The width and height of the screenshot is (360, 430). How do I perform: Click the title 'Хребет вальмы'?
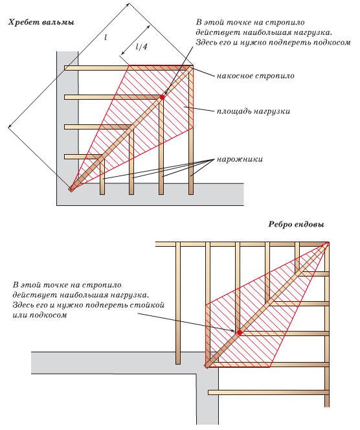41,23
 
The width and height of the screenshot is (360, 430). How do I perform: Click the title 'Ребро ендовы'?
297,225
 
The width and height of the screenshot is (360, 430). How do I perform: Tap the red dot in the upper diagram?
163,97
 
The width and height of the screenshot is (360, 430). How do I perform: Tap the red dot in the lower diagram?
240,333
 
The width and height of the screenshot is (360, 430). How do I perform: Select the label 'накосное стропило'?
256,76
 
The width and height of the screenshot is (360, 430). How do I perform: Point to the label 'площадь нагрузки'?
253,111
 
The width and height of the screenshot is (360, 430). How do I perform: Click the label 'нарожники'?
240,159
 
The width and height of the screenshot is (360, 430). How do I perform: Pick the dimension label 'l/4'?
142,47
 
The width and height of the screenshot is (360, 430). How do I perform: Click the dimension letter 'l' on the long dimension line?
106,38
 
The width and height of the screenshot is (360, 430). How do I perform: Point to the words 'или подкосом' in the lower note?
39,315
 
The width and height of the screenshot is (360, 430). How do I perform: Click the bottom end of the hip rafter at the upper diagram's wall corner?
71,189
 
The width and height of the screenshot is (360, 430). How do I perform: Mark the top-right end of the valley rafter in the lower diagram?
328,243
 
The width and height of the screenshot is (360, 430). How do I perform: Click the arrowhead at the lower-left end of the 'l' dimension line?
10,126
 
